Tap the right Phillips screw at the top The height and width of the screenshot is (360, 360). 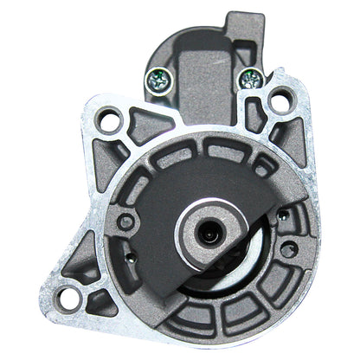coord(251,80)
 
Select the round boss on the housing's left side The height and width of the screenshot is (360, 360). coord(126,222)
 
